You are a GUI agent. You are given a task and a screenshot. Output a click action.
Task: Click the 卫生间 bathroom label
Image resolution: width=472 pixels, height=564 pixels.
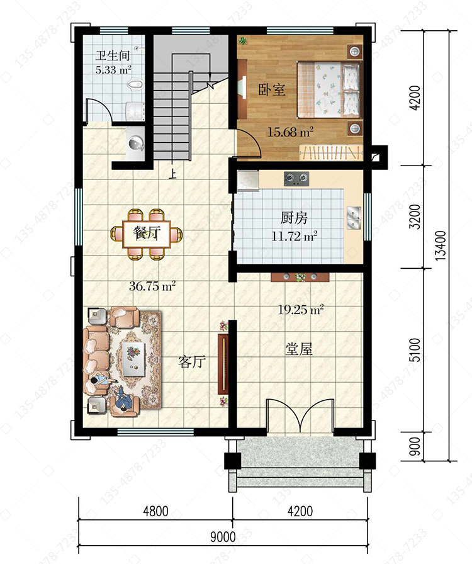coord(113,56)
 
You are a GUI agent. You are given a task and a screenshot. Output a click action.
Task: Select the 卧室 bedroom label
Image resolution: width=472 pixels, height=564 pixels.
coord(272,89)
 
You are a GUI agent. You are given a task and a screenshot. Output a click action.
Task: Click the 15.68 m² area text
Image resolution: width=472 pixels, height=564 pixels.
coord(290,132)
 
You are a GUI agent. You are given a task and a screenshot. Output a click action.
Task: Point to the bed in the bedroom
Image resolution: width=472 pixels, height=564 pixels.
coord(329,89)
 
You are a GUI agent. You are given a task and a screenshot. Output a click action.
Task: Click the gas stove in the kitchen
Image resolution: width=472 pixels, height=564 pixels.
coord(296,178)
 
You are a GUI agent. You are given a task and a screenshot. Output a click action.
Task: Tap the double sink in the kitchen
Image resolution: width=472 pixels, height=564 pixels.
coord(354,218)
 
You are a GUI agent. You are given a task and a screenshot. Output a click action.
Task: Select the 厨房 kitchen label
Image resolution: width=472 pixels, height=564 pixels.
coord(294,218)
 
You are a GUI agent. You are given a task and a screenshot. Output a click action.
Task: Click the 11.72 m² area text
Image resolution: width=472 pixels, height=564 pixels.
coord(295,236)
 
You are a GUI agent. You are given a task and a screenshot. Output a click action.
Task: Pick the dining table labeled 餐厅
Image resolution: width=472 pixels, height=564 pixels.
coord(147,234)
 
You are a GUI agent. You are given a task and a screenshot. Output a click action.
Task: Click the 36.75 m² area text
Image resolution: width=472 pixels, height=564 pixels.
coord(152,286)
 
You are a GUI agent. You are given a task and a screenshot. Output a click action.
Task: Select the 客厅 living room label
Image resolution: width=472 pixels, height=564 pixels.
coord(192,361)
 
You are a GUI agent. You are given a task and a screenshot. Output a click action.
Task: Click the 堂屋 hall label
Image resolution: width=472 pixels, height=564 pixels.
coord(298,349)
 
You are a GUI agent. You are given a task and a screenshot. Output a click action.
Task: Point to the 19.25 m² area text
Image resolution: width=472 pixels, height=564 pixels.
coord(301,310)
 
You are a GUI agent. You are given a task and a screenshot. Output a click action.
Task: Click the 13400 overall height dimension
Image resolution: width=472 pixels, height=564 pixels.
coord(441,245)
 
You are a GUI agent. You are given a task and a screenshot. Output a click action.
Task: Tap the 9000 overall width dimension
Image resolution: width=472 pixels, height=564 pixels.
coord(223,537)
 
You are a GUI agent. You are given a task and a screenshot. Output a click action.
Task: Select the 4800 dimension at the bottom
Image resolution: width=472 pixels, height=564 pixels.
coord(155,511)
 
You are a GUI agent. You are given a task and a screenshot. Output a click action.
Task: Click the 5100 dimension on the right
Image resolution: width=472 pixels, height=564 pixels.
coord(415,351)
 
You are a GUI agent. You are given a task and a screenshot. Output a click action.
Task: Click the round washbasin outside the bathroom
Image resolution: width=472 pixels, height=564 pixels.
coord(136,143)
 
